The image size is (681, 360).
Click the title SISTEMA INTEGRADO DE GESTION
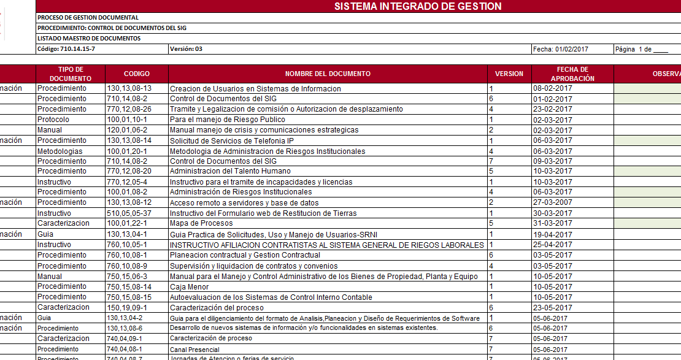[x=417, y=7]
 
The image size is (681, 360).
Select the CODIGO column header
[x=136, y=74]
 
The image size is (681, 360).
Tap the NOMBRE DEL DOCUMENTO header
[x=328, y=74]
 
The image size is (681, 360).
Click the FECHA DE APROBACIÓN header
[x=572, y=74]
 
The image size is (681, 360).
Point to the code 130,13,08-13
[x=129, y=88]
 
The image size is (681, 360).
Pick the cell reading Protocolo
[x=53, y=120]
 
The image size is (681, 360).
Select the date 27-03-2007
[x=552, y=202]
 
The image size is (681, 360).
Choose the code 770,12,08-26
[x=129, y=109]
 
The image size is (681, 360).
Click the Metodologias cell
[x=60, y=151]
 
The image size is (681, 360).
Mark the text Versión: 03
[x=186, y=49]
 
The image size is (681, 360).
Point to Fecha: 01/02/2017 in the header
[x=560, y=49]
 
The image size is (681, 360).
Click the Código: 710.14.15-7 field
[x=66, y=49]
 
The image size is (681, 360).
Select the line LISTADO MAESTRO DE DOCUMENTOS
[x=89, y=38]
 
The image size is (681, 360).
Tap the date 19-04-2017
[x=552, y=234]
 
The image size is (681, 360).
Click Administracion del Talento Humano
[x=230, y=171]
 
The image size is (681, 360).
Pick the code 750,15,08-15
[x=129, y=297]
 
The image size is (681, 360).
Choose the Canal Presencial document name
[x=194, y=350]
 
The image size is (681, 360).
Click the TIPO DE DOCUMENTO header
[x=71, y=74]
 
